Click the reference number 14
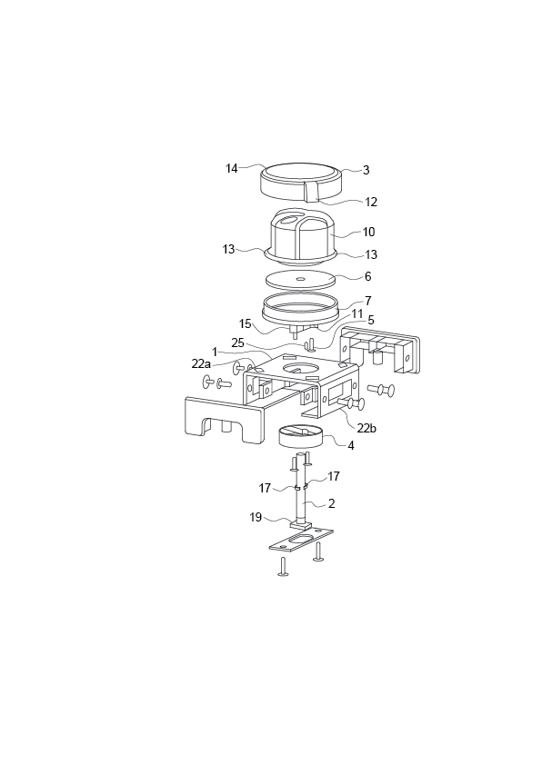tap(232, 168)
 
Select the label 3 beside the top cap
tap(366, 170)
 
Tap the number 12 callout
tap(371, 203)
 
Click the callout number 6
tap(367, 276)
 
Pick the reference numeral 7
tap(367, 300)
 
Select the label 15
tap(246, 323)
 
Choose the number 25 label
tap(237, 343)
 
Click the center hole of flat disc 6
tap(300, 279)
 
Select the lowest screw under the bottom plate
tap(284, 567)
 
